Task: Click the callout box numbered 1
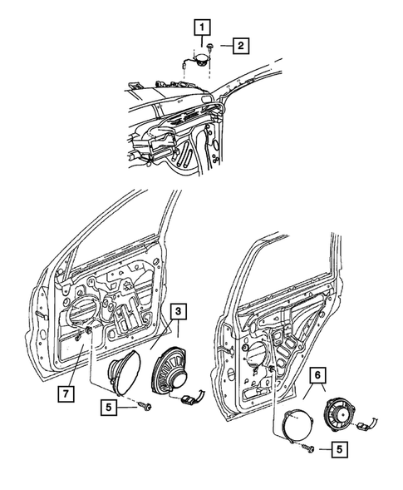[x=200, y=27]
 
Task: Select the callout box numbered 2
[x=238, y=45]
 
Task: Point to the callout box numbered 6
[x=317, y=375]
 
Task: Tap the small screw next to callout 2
[x=215, y=47]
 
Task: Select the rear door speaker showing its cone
[x=340, y=413]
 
